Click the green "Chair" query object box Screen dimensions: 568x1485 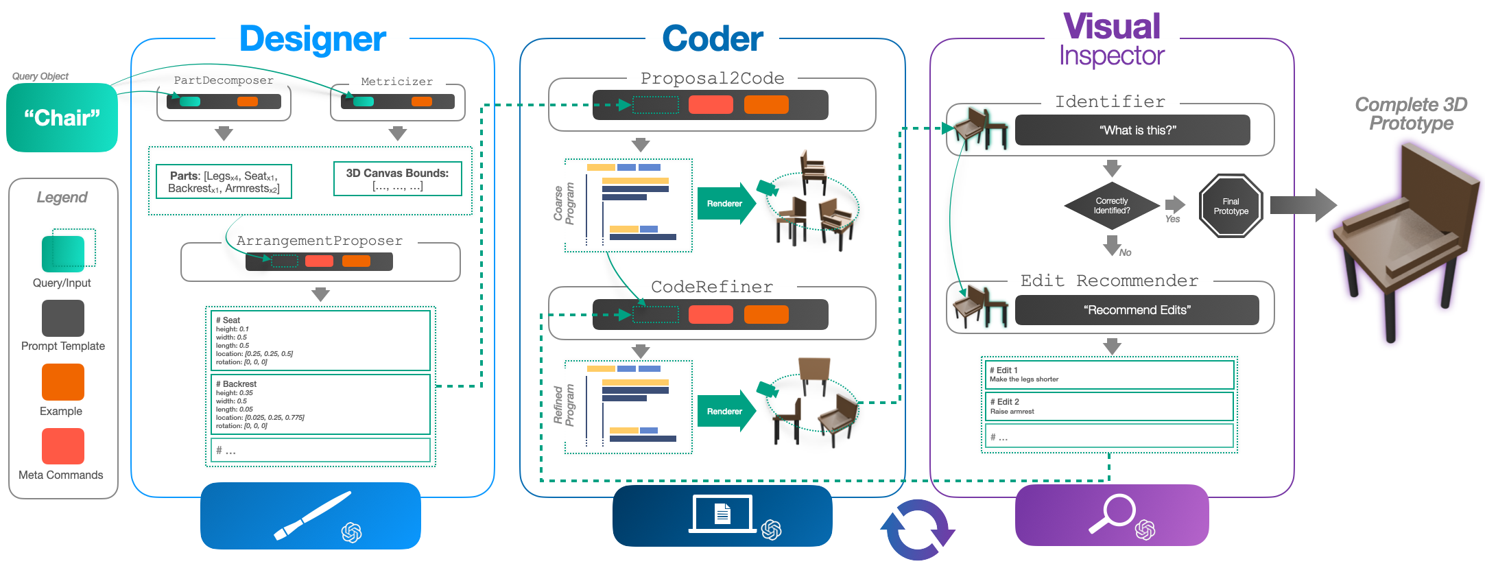[62, 117]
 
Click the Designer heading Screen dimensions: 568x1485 [313, 39]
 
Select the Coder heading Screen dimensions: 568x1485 [712, 39]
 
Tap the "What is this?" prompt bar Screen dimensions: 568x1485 [1132, 130]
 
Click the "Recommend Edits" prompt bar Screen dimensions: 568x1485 [1137, 310]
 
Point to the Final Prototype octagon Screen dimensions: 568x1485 [1231, 206]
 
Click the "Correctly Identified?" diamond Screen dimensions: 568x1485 [1111, 206]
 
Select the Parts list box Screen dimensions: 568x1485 [224, 182]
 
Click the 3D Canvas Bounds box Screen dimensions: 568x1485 [397, 179]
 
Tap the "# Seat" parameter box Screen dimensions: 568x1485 [320, 340]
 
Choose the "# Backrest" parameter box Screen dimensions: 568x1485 [320, 404]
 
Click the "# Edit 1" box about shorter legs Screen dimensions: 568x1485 [1109, 375]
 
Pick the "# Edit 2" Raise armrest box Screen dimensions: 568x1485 [1109, 406]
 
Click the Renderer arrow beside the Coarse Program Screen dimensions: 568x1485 [726, 204]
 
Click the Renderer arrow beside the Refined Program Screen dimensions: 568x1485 [726, 412]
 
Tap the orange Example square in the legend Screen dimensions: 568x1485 [63, 382]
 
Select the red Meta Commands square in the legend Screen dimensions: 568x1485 [63, 447]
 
